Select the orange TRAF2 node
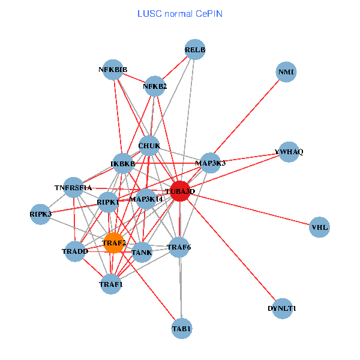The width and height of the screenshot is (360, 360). point(113,243)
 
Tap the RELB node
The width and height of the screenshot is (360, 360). point(195,49)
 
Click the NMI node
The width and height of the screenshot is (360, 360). point(286,73)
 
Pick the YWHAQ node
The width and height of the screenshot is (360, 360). point(289,152)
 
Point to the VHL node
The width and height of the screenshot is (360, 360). point(320,227)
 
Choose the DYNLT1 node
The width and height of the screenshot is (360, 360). point(282,308)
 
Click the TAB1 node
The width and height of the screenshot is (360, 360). point(181,328)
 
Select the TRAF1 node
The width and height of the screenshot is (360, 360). point(110,284)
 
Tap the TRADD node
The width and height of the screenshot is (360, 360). point(75,251)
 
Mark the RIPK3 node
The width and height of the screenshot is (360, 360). point(41,214)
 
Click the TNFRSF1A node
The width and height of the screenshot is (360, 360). point(73,188)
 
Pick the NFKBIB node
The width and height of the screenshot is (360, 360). point(113,70)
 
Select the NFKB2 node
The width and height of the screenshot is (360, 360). point(155,86)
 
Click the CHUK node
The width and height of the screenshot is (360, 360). point(149,146)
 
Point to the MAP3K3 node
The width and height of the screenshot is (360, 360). point(210,163)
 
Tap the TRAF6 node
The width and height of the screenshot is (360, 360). point(179,247)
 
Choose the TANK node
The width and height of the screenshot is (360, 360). point(142,252)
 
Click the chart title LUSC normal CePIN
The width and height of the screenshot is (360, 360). point(180,13)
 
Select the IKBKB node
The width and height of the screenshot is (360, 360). point(122,163)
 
